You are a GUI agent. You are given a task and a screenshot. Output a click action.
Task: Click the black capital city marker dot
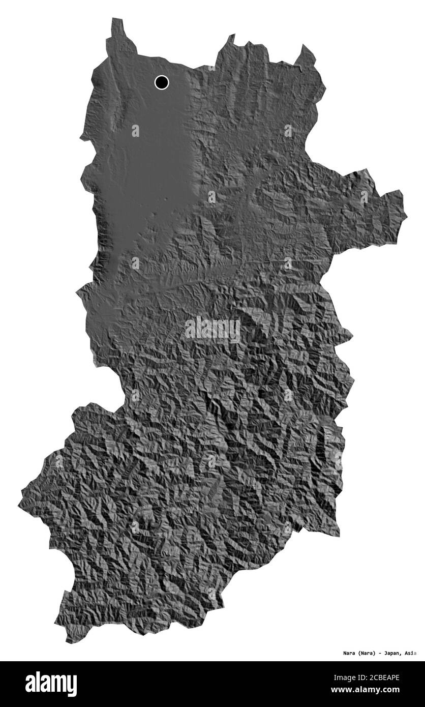162,82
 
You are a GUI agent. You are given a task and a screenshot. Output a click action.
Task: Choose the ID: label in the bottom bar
361,677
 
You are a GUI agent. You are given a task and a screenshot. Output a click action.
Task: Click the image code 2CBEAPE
385,677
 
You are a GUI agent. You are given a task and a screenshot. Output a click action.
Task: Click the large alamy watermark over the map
212,330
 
